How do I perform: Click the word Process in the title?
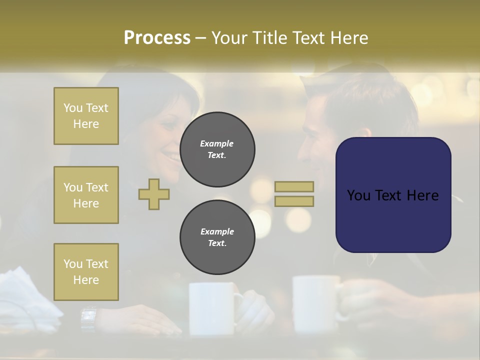[157, 38]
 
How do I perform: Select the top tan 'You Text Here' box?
[86, 116]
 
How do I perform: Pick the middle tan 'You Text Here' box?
[86, 195]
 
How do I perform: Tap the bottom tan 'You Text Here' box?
[86, 272]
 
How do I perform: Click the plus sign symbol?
[154, 194]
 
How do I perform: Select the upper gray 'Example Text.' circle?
[217, 149]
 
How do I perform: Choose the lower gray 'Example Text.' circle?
[217, 237]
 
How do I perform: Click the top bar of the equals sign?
[294, 186]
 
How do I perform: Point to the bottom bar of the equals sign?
[294, 201]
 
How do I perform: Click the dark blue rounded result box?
[393, 195]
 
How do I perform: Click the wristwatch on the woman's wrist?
[88, 316]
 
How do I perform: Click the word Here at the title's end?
[348, 38]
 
